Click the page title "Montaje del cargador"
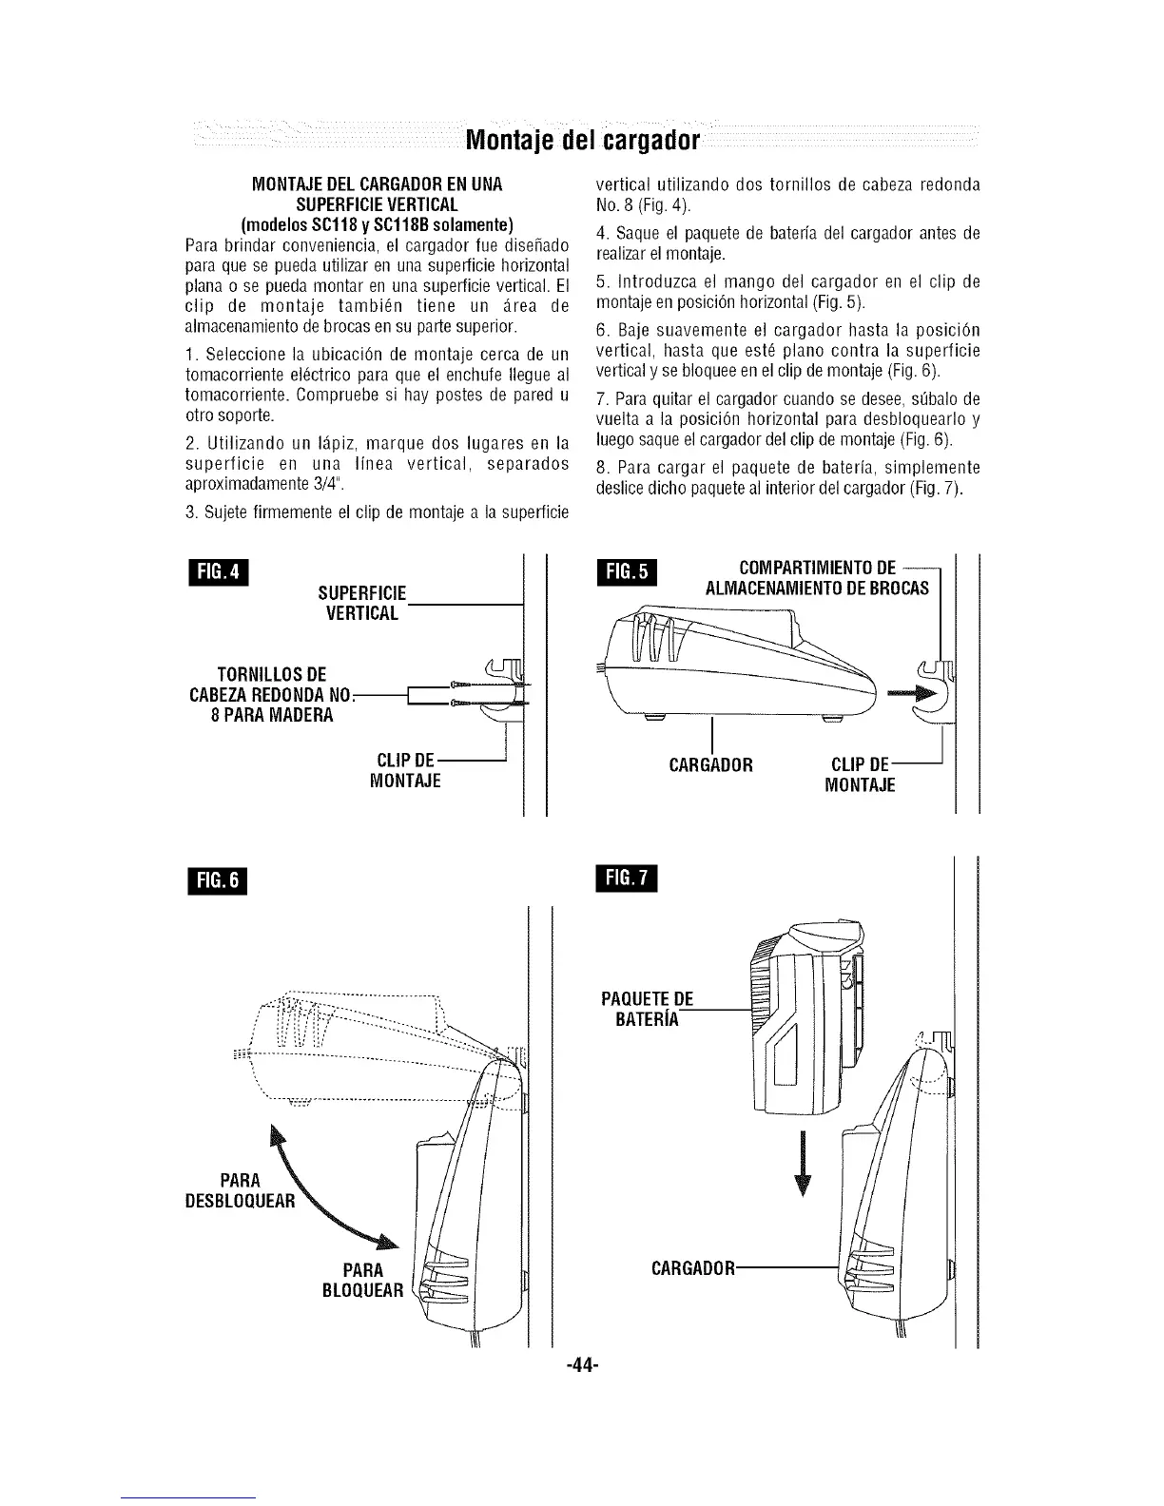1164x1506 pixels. click(582, 142)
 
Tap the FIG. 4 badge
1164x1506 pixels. click(218, 576)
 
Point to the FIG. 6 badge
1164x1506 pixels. click(219, 880)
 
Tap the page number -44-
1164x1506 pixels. click(581, 1366)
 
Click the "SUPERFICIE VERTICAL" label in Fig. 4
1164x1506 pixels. click(362, 603)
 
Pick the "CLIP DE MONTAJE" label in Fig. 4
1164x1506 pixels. click(406, 771)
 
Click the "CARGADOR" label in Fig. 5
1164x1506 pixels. click(711, 764)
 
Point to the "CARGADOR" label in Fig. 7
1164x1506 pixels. click(692, 1269)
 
